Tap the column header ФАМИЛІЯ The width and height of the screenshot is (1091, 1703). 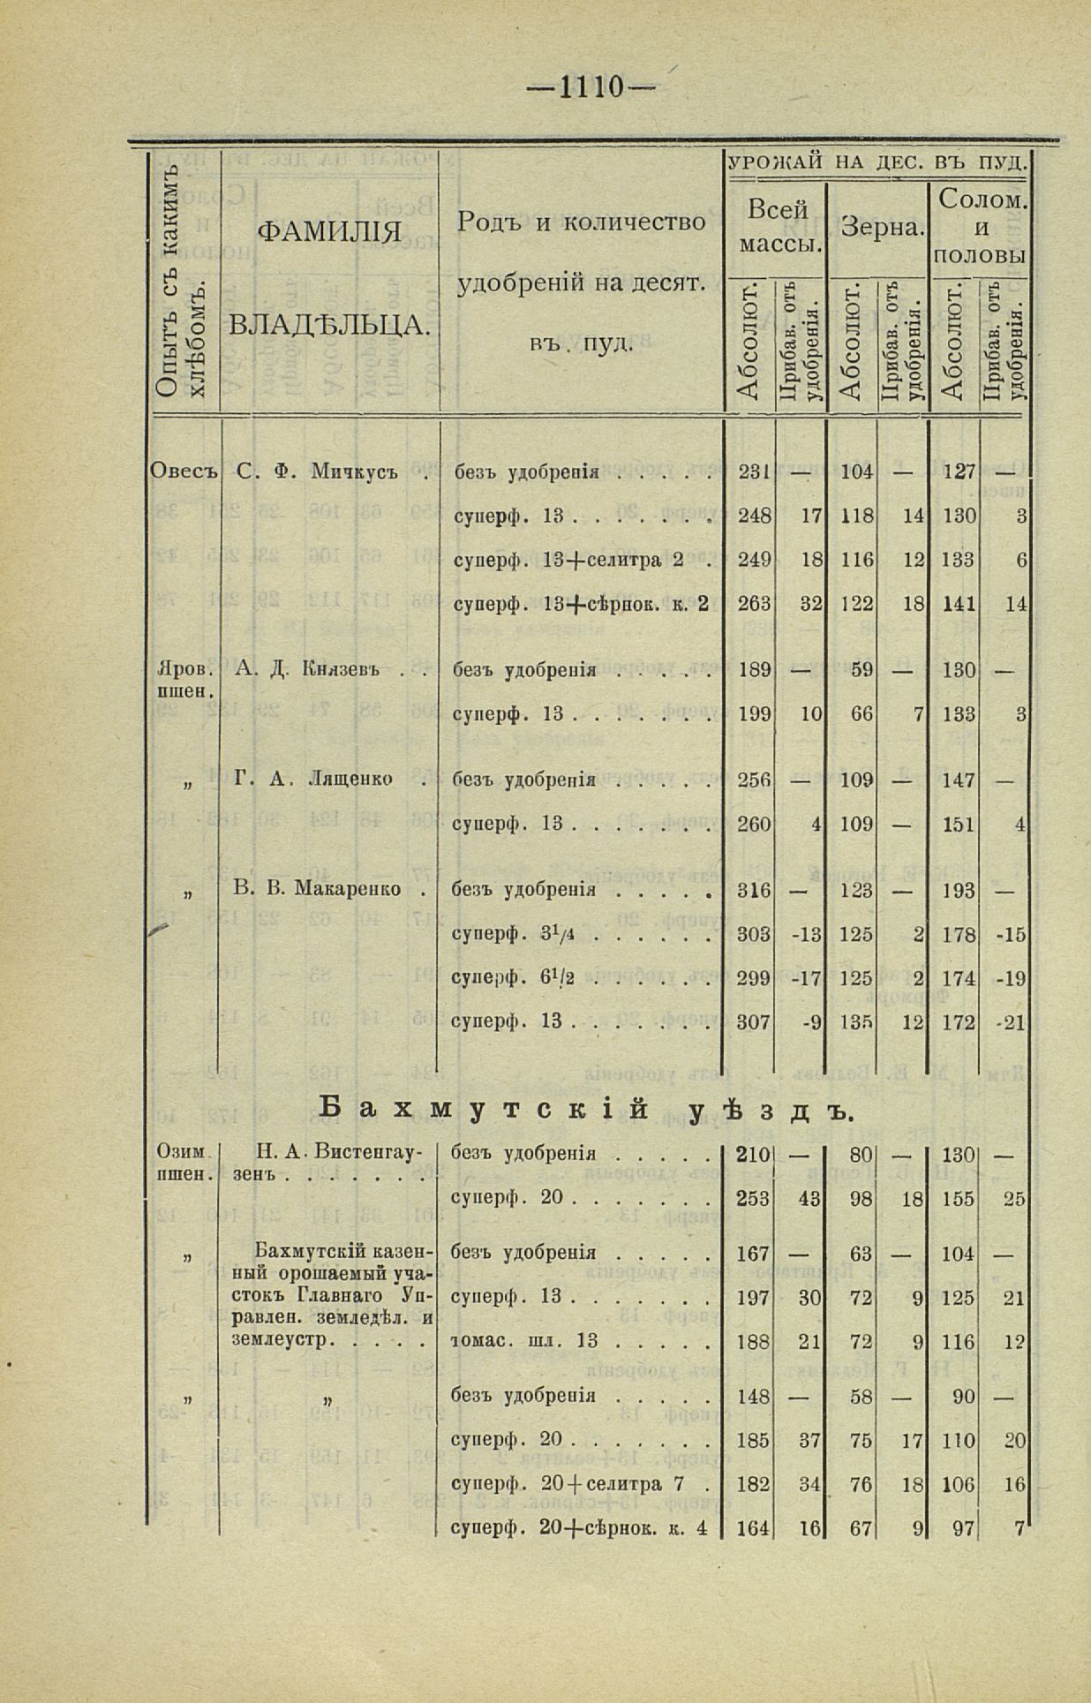tap(328, 233)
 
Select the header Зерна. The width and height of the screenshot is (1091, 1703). tap(882, 228)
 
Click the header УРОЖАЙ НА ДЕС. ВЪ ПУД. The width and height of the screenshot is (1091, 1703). tap(877, 162)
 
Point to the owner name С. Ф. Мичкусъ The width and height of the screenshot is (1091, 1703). tap(317, 471)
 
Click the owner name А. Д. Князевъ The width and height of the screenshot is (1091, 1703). tap(308, 669)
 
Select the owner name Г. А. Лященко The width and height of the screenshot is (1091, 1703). tap(313, 779)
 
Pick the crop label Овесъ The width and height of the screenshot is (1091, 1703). tap(184, 471)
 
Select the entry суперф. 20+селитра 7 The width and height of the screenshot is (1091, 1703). tap(568, 1484)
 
